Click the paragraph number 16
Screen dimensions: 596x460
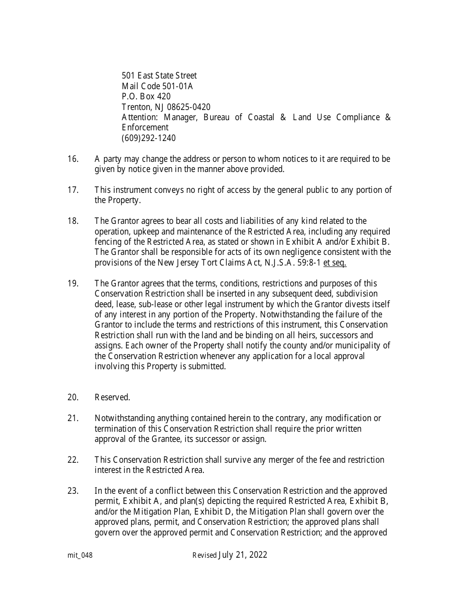tap(73, 159)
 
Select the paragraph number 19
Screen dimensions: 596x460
tap(73, 283)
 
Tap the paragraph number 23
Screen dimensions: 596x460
tap(73, 491)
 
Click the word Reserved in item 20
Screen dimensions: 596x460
tap(112, 397)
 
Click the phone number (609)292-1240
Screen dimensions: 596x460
tap(149, 138)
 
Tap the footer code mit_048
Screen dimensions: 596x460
tap(80, 555)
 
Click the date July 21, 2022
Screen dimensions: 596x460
tap(243, 555)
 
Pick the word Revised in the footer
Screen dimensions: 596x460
tap(204, 555)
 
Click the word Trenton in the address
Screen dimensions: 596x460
tap(136, 107)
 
